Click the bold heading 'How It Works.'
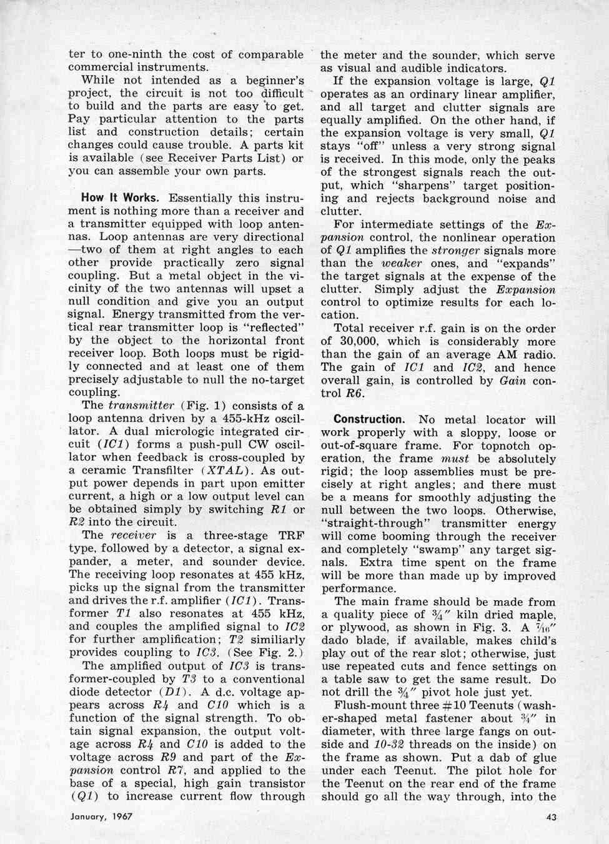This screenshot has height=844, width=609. click(x=119, y=198)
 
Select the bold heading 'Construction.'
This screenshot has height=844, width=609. click(x=369, y=419)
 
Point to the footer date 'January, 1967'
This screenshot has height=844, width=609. click(x=101, y=816)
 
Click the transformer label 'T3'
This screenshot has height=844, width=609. click(x=190, y=679)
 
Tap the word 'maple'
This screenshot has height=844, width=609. click(x=537, y=615)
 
